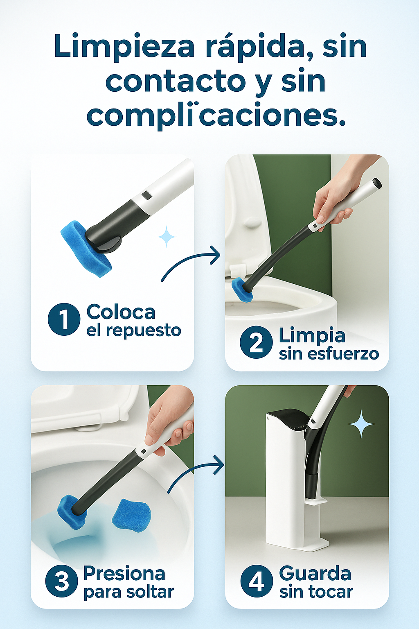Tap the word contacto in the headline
click(176, 81)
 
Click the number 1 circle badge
click(64, 319)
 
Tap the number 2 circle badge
click(256, 342)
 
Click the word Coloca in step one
click(121, 312)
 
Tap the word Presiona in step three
click(124, 573)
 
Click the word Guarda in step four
click(315, 573)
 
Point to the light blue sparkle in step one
click(167, 237)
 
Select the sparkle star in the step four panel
click(361, 424)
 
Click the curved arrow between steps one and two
click(187, 258)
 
